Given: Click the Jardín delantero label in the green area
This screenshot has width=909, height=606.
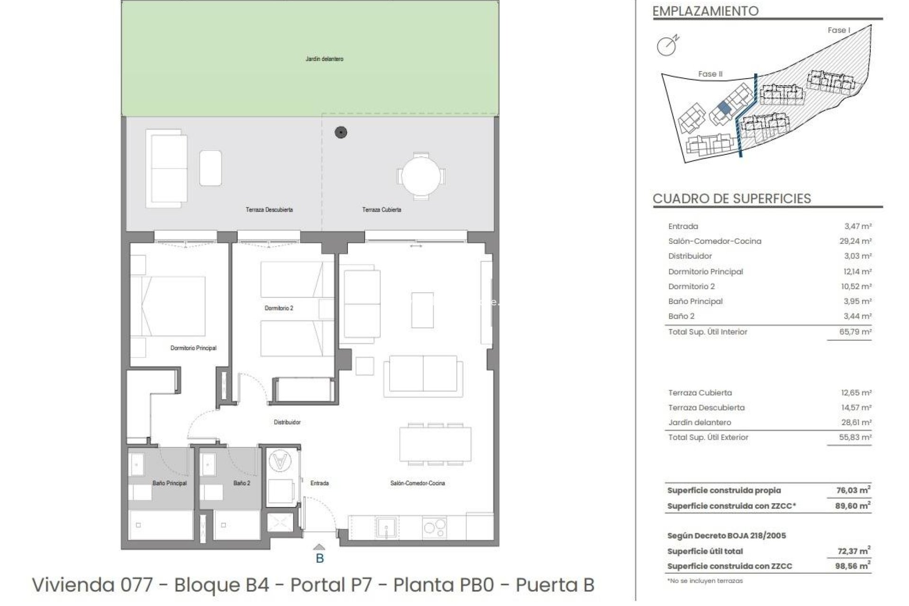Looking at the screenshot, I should (324, 59).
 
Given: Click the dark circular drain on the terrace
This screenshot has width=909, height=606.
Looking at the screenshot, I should (341, 133).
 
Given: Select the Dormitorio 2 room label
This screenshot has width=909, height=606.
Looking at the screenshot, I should (279, 308).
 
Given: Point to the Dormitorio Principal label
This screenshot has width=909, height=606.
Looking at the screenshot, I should (193, 348).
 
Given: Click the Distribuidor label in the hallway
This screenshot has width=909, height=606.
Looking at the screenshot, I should (287, 422).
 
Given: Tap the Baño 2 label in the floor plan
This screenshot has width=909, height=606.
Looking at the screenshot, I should (241, 483).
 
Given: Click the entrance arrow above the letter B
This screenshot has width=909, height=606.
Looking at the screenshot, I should (320, 547).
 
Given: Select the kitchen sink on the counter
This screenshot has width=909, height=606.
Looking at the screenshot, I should (386, 527).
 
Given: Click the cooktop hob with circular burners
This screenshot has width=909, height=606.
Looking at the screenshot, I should (434, 527).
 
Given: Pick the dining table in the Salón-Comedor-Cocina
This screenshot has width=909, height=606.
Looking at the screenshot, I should (435, 444).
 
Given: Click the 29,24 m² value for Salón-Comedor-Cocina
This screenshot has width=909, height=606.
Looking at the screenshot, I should (855, 241).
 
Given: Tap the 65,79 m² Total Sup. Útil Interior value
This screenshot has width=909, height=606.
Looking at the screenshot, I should (855, 332).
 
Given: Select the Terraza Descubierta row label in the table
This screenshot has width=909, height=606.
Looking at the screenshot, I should (706, 408).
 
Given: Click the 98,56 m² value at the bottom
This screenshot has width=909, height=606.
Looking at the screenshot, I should (852, 566).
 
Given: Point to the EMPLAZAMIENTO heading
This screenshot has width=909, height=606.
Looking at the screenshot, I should (705, 11).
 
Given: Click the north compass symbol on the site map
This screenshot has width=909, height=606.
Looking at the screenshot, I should (668, 45).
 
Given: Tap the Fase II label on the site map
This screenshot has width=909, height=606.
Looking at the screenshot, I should (710, 74).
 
